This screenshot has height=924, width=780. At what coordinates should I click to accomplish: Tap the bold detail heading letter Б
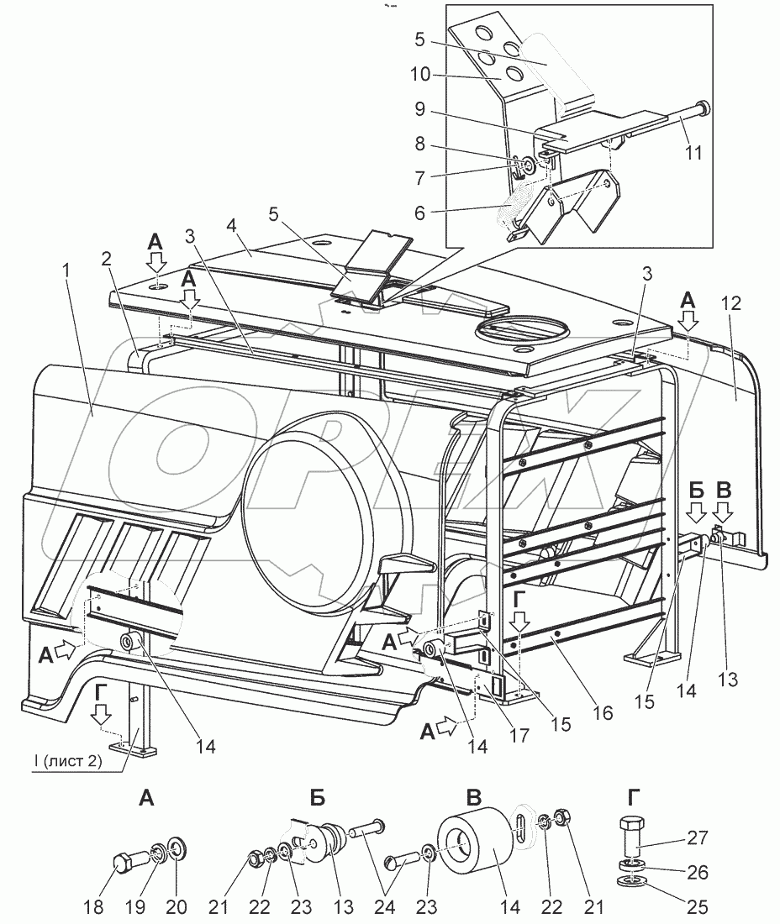[317, 799]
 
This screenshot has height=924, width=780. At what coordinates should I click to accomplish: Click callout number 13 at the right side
[728, 678]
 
